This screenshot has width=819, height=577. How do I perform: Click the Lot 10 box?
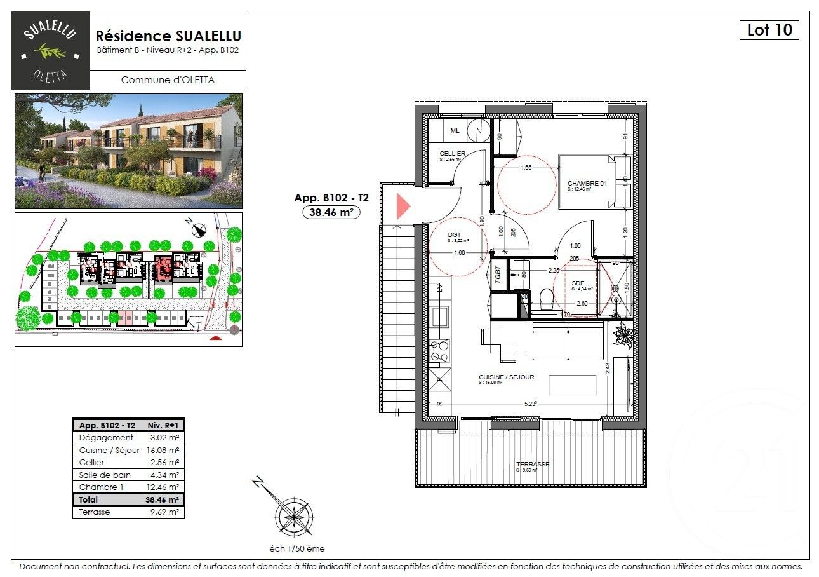click(769, 30)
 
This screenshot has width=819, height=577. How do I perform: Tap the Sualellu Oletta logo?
click(51, 51)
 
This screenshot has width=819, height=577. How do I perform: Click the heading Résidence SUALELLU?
click(168, 36)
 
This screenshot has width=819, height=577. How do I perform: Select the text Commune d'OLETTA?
click(168, 80)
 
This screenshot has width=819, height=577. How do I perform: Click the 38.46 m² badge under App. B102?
click(331, 213)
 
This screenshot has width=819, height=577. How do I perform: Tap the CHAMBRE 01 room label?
click(587, 184)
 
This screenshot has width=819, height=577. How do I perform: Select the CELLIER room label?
click(452, 154)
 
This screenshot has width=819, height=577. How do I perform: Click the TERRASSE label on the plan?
click(532, 465)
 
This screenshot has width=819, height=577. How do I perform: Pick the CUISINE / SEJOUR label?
click(506, 377)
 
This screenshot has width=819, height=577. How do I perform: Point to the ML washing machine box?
click(455, 131)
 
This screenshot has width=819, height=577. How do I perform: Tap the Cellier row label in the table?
click(92, 463)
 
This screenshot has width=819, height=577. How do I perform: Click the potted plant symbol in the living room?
click(624, 334)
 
